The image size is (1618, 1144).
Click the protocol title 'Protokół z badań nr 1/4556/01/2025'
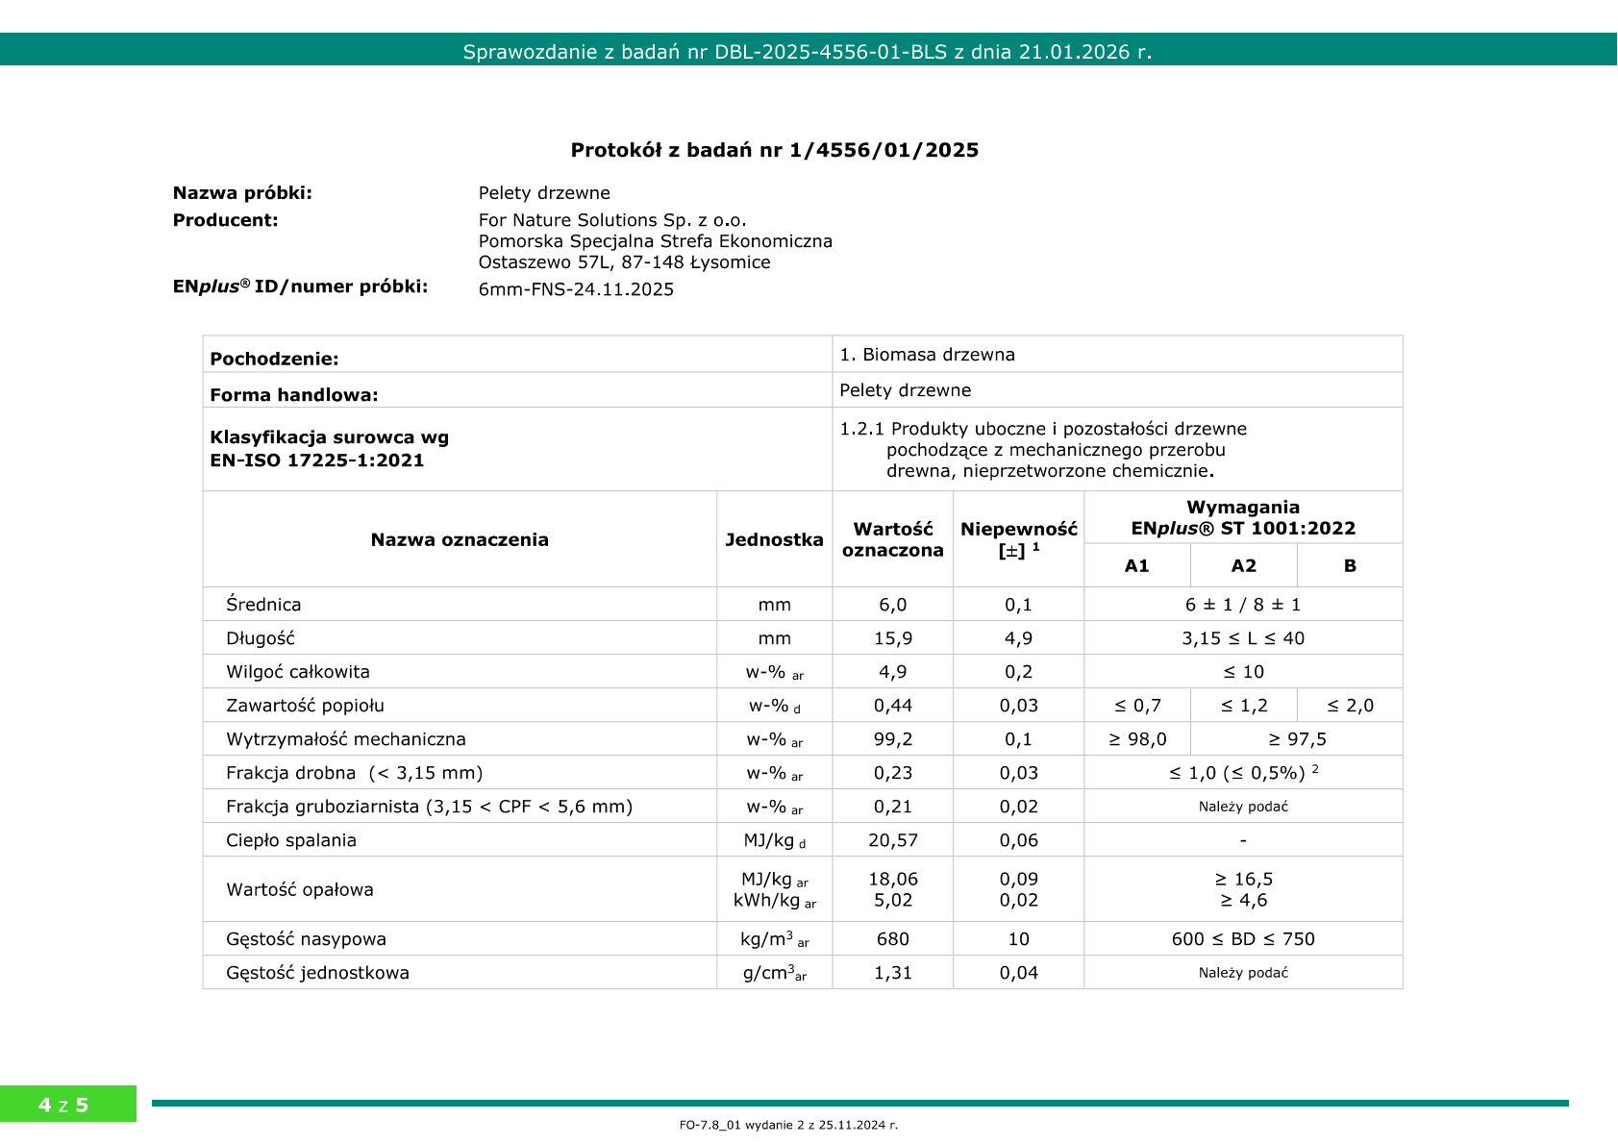774,150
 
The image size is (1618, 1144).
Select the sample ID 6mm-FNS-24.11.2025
576,289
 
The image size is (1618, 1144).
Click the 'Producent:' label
225,220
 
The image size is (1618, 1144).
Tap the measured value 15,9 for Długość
892,638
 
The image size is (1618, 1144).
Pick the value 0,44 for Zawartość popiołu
892,706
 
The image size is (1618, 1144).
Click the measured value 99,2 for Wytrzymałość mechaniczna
892,739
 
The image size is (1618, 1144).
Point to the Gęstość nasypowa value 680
892,939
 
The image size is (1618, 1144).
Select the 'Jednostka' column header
774,539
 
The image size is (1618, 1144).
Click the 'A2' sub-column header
1243,565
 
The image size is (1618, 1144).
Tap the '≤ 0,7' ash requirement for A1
1137,706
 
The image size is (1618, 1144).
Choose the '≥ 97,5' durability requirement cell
1296,739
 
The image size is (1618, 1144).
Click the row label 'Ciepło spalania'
291,840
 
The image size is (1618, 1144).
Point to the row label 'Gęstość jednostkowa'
317,973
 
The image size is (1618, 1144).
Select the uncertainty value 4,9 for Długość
1018,638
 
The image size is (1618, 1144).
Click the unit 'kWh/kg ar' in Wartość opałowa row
774,901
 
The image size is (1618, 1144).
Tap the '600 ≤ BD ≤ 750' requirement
1242,939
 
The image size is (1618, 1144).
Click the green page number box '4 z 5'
63,1105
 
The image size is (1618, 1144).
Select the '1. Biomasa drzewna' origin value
927,355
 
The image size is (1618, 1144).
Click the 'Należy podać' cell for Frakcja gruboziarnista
1242,807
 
